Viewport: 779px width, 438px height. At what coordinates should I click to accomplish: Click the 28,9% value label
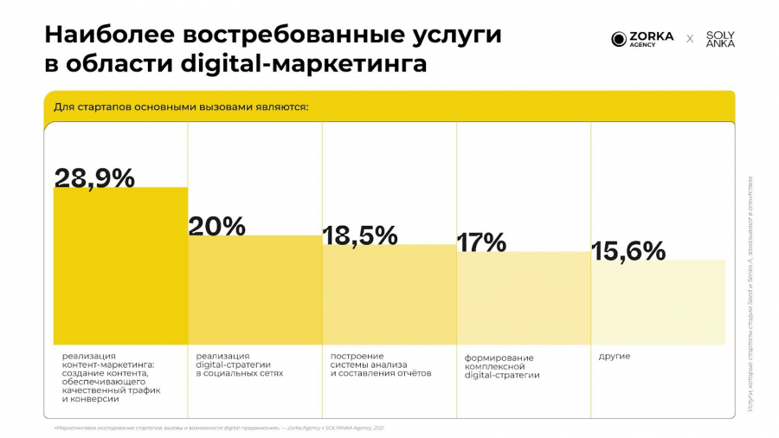[94, 177]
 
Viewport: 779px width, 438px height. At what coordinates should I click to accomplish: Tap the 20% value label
[217, 226]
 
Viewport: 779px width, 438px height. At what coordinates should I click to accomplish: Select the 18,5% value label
[360, 235]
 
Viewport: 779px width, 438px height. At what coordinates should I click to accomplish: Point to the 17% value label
[481, 242]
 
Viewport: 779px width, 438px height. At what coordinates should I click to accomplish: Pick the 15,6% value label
[628, 251]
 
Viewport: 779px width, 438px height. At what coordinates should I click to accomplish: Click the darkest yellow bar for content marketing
[120, 268]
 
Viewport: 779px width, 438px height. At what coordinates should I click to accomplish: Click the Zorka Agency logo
[642, 39]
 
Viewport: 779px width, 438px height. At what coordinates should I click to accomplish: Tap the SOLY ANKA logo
[720, 39]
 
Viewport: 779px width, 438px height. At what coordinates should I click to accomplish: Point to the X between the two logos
[690, 39]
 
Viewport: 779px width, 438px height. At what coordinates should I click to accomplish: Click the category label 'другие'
[615, 357]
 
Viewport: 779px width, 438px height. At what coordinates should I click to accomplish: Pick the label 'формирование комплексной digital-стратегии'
[502, 366]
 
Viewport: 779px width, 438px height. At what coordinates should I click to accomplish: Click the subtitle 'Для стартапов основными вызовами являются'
[181, 107]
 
